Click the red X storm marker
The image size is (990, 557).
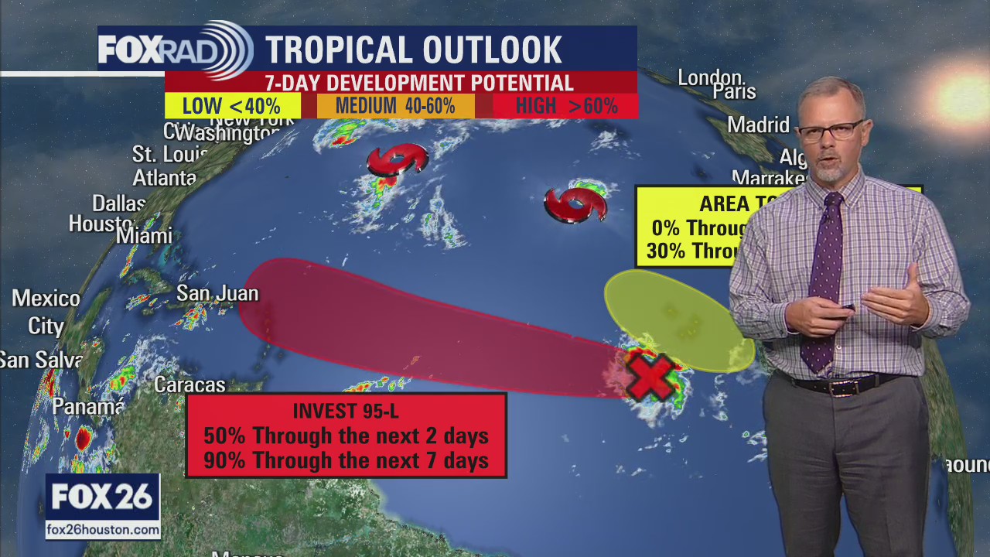[649, 376]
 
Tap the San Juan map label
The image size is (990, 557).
[217, 293]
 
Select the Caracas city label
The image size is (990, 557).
[189, 384]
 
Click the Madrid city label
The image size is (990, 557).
[758, 125]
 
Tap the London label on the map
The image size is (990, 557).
[711, 77]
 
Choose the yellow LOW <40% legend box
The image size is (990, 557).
[232, 106]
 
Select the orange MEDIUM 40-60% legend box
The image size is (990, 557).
[395, 106]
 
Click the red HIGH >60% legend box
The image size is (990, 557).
[566, 106]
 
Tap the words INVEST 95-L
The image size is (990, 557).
[345, 411]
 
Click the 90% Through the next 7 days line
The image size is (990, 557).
[346, 460]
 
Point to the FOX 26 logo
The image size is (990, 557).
[102, 497]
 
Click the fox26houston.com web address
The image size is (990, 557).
[103, 529]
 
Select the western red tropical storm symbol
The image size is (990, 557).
[397, 160]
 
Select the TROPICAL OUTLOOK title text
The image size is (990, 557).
[413, 50]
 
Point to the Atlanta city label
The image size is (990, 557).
[164, 177]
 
